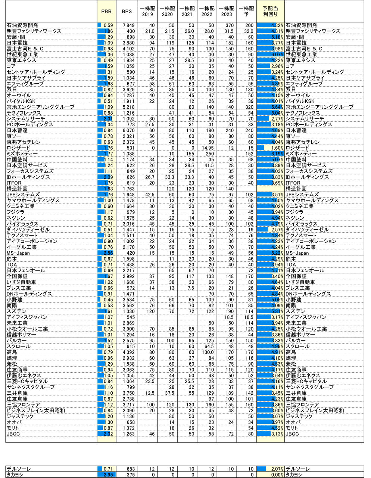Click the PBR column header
pyautogui.click(x=106, y=11)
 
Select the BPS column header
pyautogui.click(x=127, y=11)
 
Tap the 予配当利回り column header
pyautogui.click(x=270, y=11)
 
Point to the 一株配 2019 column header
pyautogui.click(x=147, y=11)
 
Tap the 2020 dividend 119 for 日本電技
pyautogui.click(x=168, y=43)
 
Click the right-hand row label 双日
pyautogui.click(x=291, y=90)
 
